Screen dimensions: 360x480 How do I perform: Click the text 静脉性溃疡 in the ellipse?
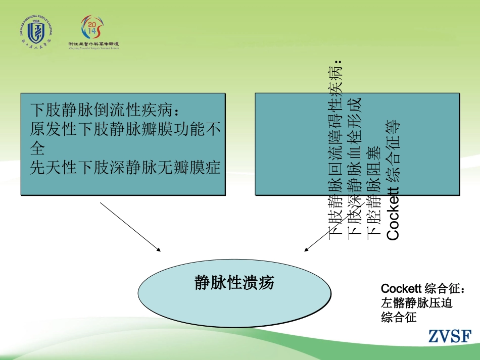click(x=234, y=282)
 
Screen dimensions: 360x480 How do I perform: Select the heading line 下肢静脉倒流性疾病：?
click(x=105, y=109)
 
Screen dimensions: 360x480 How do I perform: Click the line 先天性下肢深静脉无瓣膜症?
click(x=125, y=167)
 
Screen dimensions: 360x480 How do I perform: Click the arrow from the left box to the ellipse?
click(x=131, y=227)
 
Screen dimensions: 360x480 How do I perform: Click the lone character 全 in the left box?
click(x=37, y=148)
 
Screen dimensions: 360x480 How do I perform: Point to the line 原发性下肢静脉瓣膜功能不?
click(x=125, y=129)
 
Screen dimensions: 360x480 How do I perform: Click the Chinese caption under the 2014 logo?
click(x=94, y=44)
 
